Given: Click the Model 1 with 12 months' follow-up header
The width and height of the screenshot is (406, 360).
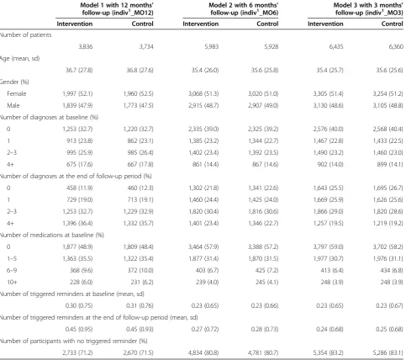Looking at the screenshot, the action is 117,9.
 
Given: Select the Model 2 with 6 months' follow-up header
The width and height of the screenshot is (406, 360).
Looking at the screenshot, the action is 244,9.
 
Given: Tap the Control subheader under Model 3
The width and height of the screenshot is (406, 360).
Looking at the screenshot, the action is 393,24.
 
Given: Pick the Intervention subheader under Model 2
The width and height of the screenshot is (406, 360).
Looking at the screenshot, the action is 201,24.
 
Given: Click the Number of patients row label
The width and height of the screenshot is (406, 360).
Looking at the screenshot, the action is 25,35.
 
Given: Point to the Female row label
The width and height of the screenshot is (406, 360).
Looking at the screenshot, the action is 17,93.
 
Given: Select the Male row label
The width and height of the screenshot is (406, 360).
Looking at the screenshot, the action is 13,105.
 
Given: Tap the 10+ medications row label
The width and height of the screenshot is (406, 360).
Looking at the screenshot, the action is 12,282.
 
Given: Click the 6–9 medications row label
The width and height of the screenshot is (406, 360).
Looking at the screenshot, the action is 12,270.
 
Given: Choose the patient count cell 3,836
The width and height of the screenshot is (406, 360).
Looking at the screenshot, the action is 86,47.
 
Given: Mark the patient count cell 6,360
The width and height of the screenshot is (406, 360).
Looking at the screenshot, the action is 396,47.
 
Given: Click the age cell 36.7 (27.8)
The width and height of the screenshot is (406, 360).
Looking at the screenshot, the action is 79,70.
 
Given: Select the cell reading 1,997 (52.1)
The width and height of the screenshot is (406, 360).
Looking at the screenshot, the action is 77,93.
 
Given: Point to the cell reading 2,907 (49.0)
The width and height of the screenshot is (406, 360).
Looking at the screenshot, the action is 263,105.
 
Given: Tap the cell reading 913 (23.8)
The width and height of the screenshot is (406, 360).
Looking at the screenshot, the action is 80,140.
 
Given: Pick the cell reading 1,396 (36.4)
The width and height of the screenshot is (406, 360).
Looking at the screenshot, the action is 77,223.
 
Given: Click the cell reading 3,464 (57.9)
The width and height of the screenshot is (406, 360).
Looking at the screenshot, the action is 203,246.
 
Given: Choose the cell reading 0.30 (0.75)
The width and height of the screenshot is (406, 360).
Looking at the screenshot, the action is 79,305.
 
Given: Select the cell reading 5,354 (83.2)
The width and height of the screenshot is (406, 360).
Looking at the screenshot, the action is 328,352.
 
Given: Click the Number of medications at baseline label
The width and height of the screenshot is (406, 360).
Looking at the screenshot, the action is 52,235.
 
